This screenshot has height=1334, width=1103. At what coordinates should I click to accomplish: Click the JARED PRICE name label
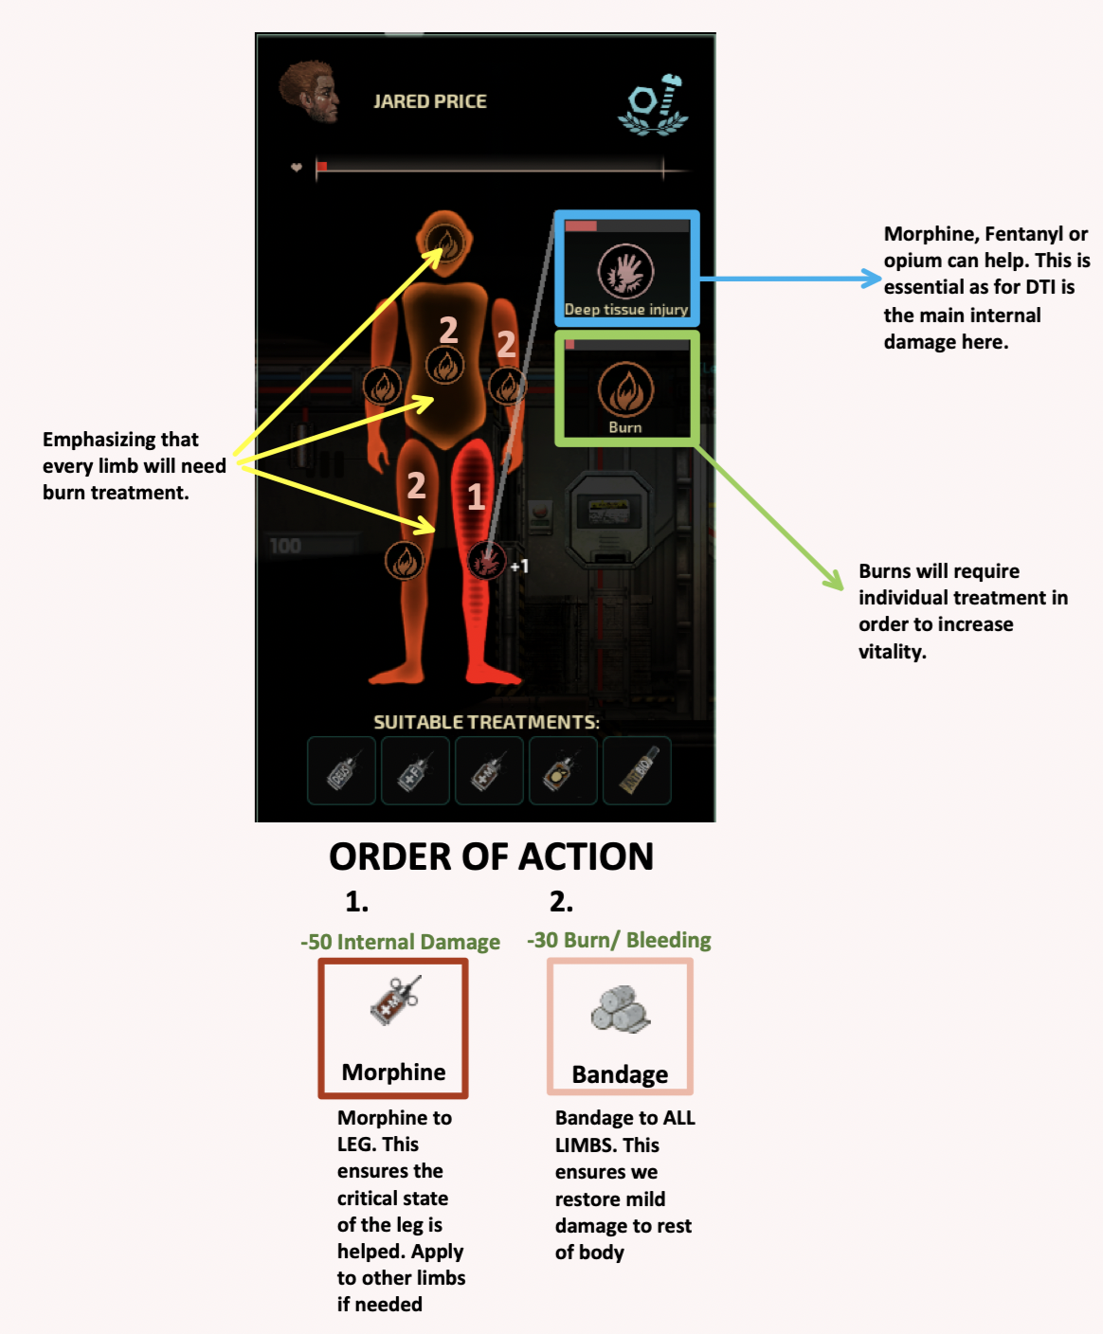point(430,101)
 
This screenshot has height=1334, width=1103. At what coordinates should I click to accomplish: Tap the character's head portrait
point(310,91)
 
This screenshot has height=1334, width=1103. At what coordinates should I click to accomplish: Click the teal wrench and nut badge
point(653,104)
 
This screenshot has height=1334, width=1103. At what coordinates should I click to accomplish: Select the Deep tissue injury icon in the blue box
point(625,272)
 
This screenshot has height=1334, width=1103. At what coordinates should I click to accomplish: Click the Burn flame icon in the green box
point(625,389)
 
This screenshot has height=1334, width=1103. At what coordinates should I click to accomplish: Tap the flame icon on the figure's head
point(445,243)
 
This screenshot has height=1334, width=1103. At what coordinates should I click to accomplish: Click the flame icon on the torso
point(445,366)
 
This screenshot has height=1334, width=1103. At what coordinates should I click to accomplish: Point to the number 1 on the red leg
point(476,496)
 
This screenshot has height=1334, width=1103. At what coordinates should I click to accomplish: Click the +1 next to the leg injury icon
point(519,566)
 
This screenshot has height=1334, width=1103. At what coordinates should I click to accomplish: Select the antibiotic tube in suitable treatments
point(637,770)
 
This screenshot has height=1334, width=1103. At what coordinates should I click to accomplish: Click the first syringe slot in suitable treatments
point(341,770)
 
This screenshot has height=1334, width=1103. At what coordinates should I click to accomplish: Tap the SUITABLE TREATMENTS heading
point(487,722)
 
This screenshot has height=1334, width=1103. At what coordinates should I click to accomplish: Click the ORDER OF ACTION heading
point(491,856)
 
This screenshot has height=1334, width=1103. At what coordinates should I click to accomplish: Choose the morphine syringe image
point(396,1000)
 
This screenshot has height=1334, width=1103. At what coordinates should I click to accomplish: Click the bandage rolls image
point(620,1009)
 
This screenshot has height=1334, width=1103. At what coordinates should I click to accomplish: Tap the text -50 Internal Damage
point(400,942)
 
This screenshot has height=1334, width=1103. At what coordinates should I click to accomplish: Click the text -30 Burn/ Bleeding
point(619,940)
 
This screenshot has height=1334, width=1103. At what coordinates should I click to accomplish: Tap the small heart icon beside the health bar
point(297,168)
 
